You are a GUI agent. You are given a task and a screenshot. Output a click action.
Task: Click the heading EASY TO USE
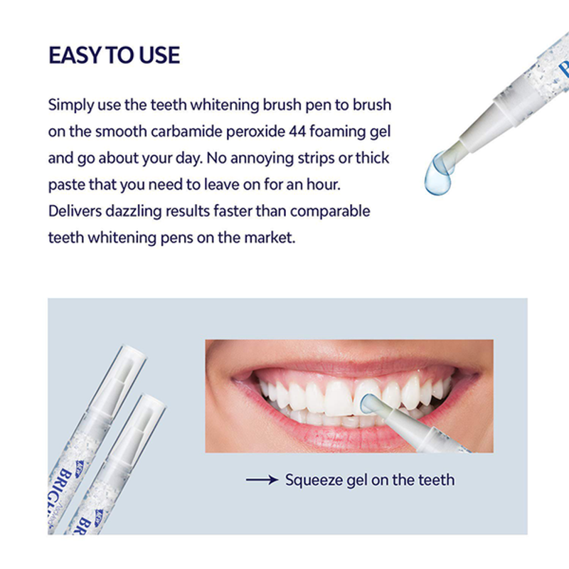click(x=114, y=55)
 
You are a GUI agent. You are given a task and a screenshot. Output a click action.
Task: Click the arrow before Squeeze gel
click(x=262, y=480)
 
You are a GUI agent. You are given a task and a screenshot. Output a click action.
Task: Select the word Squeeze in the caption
click(x=314, y=480)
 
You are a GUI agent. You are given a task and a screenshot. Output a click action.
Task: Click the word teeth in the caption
click(x=433, y=480)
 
